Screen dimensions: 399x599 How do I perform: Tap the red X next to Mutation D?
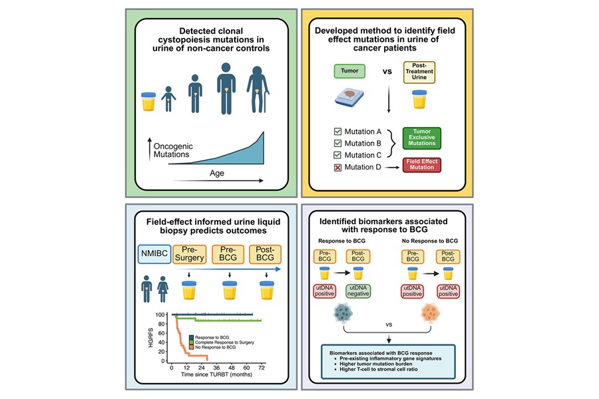pyautogui.click(x=340, y=167)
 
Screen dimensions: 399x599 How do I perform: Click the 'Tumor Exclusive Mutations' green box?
pyautogui.click(x=422, y=138)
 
